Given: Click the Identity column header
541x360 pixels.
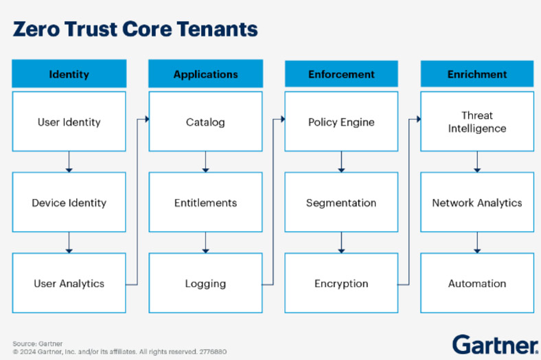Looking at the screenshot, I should click(69, 74).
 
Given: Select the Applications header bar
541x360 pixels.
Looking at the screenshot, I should click(205, 74).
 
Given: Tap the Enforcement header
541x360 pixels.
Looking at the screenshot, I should click(341, 74).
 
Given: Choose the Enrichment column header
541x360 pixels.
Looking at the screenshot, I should click(477, 74).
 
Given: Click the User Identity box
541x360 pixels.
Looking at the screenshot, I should click(69, 122).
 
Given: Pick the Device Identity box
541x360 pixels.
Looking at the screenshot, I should click(69, 203).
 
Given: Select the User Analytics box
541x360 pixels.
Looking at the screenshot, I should click(69, 283).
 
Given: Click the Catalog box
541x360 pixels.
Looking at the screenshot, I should click(205, 122).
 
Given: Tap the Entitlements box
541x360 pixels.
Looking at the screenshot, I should click(205, 203).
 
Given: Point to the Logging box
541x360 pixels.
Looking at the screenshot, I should click(205, 283).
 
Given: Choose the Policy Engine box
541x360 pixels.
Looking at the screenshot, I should click(341, 122).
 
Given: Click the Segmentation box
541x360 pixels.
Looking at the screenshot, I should click(341, 203).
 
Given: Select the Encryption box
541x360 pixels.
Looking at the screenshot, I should click(341, 283).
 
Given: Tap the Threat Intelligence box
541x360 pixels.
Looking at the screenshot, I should click(477, 122).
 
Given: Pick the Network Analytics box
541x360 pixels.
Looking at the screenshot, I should click(477, 203).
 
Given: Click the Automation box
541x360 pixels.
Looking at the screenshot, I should click(477, 283).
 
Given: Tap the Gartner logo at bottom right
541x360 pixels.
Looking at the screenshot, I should click(494, 344).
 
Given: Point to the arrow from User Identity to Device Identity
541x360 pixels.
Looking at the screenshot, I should click(69, 161).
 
